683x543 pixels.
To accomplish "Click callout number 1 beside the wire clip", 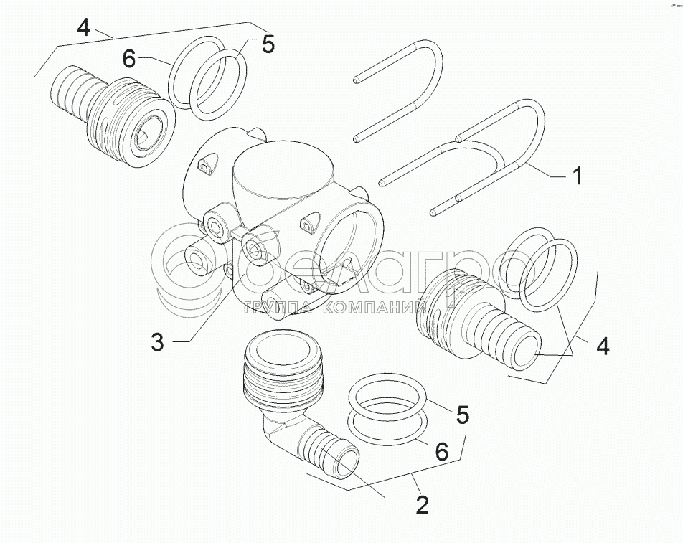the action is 577,176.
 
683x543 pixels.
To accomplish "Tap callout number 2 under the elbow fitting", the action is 422,505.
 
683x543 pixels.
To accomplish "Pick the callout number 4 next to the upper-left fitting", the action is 83,27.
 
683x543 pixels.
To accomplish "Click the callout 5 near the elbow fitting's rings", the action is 462,415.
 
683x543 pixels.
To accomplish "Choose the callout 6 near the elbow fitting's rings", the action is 442,452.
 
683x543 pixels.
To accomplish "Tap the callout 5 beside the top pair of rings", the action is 268,44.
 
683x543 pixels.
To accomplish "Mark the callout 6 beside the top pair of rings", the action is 129,59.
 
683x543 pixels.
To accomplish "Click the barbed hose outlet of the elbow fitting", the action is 331,453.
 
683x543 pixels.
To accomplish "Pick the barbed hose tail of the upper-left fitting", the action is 77,94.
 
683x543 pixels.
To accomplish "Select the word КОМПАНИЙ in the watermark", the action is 375,308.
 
